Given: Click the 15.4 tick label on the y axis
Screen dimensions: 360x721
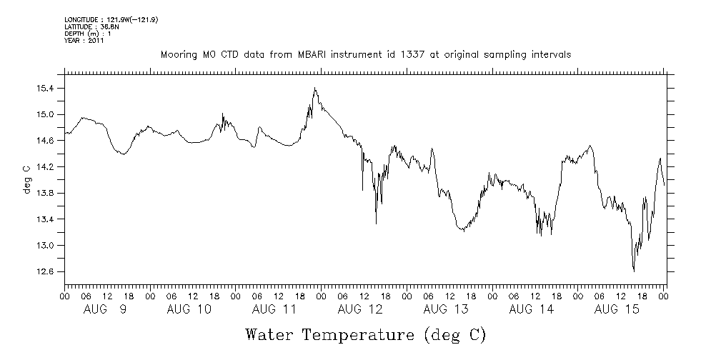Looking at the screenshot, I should click(46, 89).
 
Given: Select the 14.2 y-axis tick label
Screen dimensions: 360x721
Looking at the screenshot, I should click(46, 167).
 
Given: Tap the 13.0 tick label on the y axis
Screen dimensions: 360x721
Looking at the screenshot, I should click(46, 246).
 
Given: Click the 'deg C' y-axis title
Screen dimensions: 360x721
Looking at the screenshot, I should click(26, 180).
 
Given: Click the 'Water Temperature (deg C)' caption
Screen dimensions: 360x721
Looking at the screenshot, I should click(366, 334).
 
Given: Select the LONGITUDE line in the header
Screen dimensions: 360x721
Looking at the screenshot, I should click(111, 19).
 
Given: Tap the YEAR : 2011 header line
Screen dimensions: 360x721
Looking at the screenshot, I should click(84, 41).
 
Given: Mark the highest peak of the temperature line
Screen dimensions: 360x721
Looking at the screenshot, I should click(314, 88).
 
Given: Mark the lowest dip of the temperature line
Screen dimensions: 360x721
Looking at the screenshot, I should click(634, 271).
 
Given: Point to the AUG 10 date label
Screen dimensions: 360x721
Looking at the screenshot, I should click(189, 309).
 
